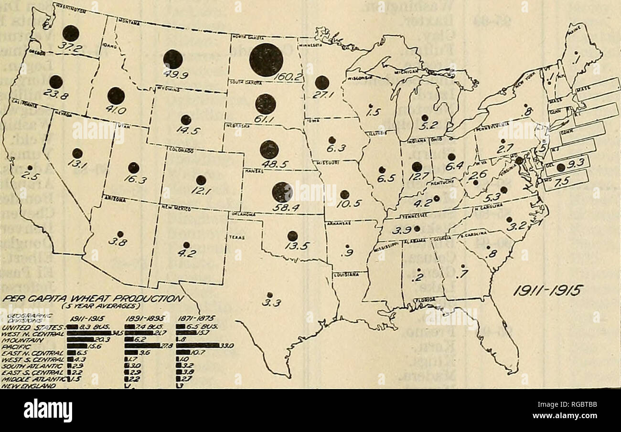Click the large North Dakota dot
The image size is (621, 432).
click(266, 60)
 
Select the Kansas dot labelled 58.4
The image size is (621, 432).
click(282, 192)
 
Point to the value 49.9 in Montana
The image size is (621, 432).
click(174, 74)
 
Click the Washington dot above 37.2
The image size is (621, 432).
click(71, 33)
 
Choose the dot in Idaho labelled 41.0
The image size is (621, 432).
click(116, 96)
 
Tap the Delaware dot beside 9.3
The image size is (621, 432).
click(561, 167)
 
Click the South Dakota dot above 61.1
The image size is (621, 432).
click(266, 104)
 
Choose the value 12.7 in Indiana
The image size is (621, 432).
click(417, 180)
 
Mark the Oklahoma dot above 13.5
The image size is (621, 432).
click(292, 236)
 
